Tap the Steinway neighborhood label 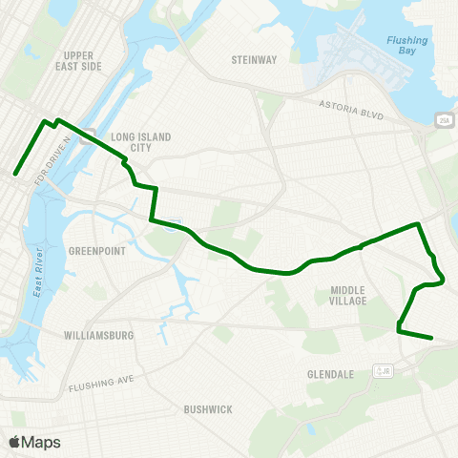click(x=254, y=59)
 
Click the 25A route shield click(x=444, y=120)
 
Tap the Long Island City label click(x=141, y=142)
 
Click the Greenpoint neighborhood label click(x=92, y=251)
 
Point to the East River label click(x=38, y=272)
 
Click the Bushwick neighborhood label click(x=208, y=409)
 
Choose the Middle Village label click(x=348, y=295)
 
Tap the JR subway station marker click(x=384, y=370)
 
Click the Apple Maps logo click(x=33, y=442)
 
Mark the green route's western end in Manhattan click(x=15, y=174)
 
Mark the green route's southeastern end click(x=432, y=337)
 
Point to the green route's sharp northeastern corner click(x=418, y=224)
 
